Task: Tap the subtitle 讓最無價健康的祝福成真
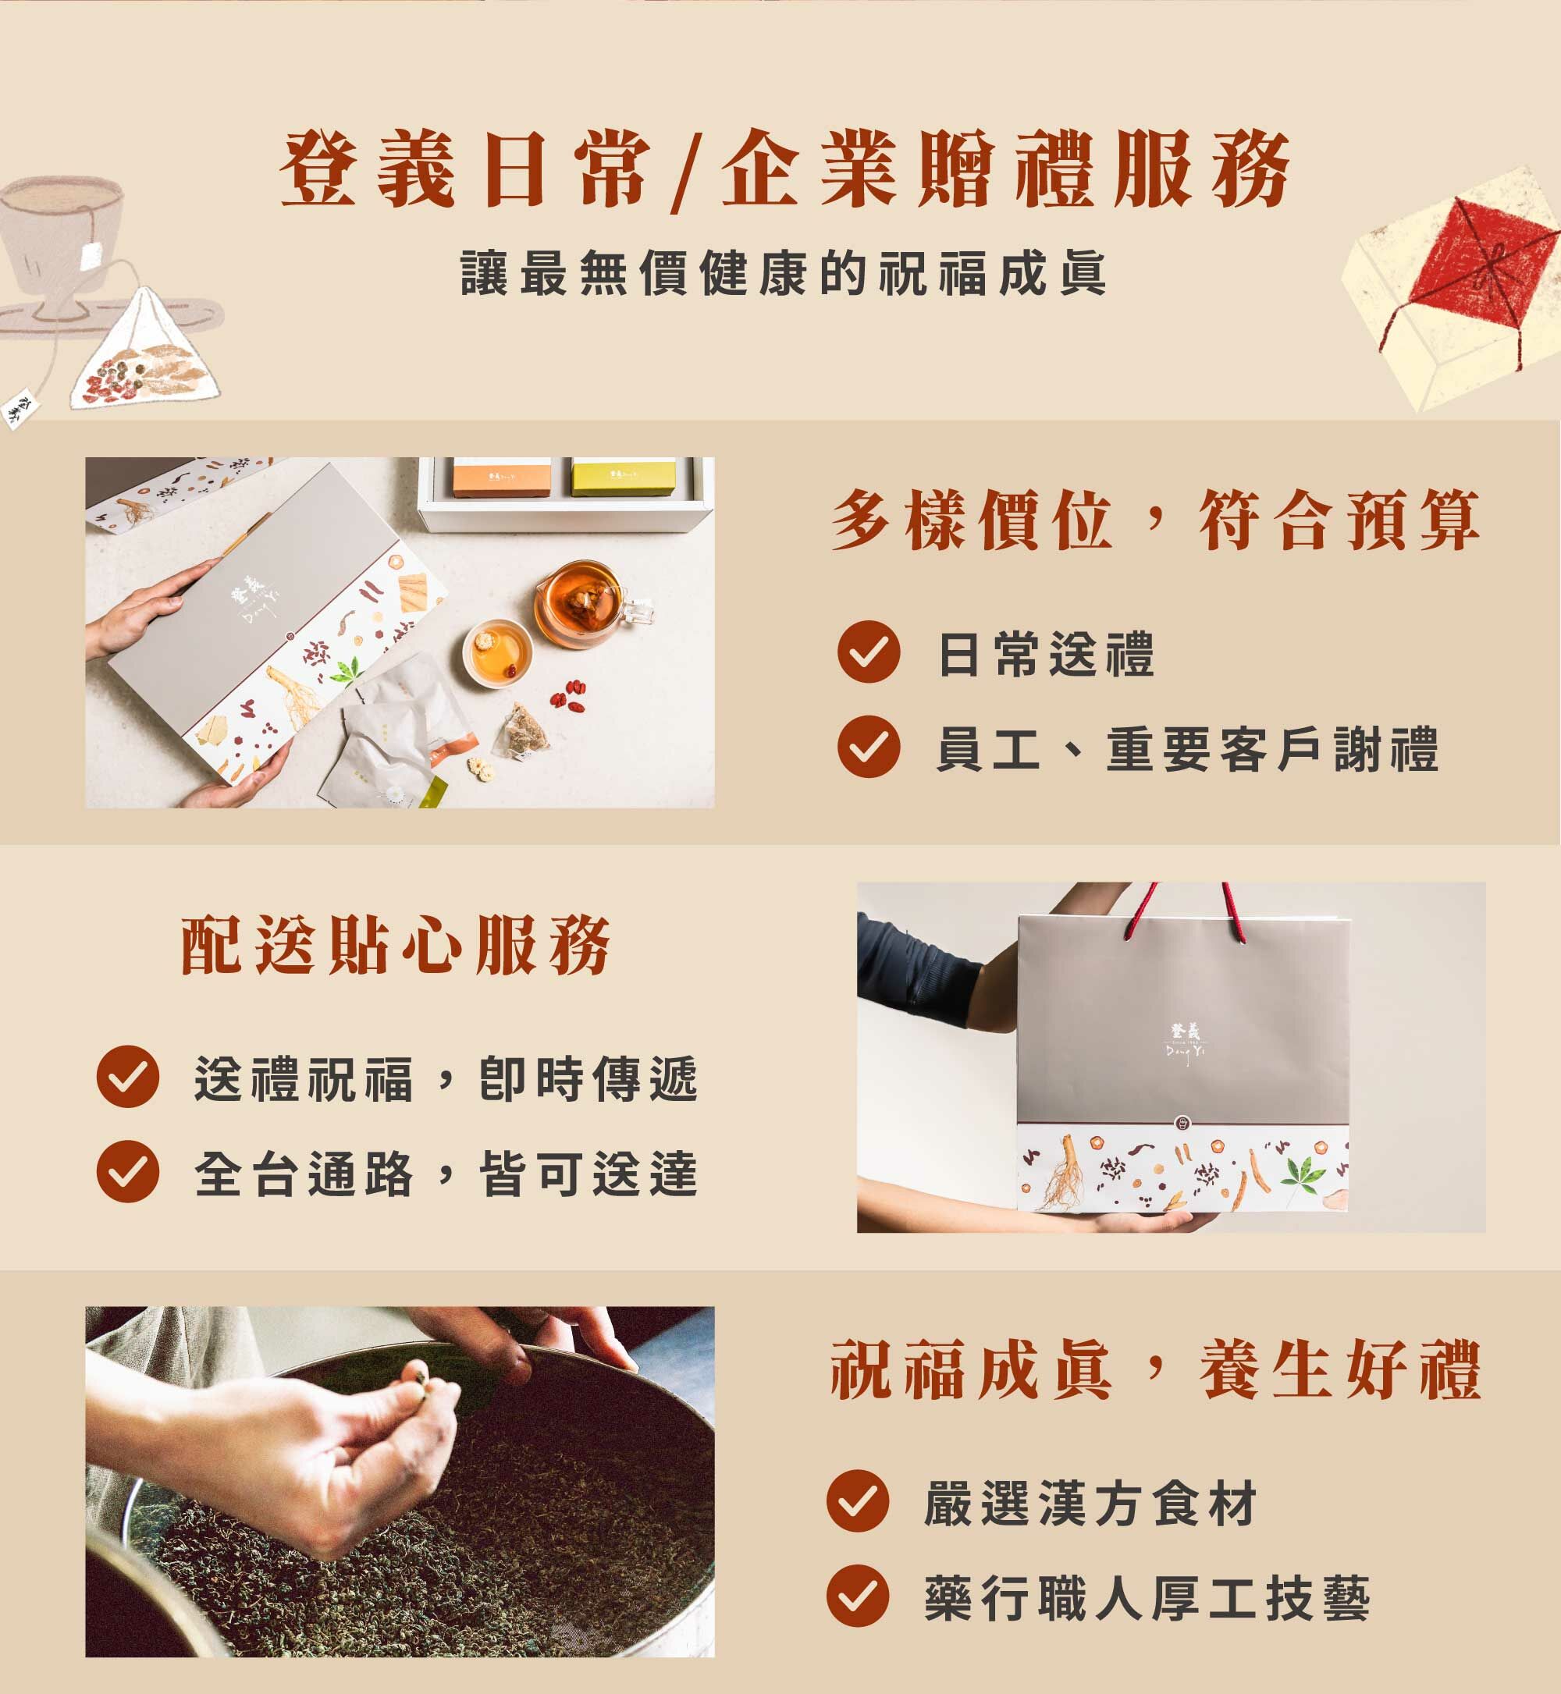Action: pyautogui.click(x=783, y=274)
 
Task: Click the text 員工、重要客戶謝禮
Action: pyautogui.click(x=1187, y=748)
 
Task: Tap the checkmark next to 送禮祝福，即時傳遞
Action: pyautogui.click(x=127, y=1077)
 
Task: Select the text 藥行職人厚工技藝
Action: pyautogui.click(x=1147, y=1598)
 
